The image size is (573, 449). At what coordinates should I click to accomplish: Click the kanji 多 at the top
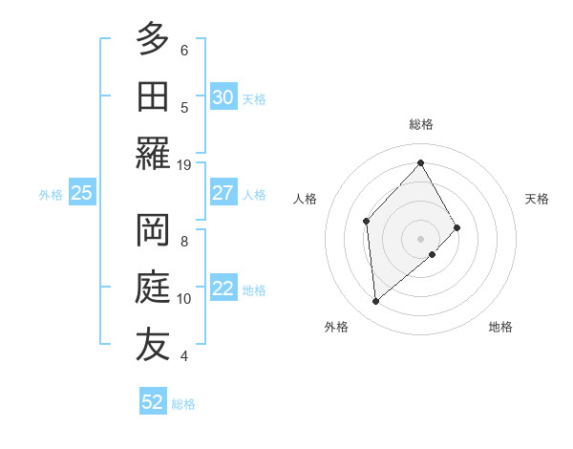(153, 40)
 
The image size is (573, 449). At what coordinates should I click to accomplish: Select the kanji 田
(153, 96)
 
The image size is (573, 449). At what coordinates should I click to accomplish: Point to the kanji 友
(153, 344)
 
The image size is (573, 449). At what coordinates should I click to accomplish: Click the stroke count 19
(184, 164)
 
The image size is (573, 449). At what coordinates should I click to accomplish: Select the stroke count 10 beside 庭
(184, 299)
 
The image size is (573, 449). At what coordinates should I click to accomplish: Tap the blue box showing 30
(223, 97)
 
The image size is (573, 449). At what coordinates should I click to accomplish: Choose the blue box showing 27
(223, 193)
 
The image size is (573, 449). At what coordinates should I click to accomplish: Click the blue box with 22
(223, 289)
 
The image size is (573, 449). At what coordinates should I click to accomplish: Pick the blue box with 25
(81, 193)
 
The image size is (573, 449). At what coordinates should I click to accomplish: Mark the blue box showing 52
(153, 402)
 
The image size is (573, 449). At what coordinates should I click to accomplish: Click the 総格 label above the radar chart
(420, 124)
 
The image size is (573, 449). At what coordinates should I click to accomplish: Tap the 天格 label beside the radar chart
(537, 199)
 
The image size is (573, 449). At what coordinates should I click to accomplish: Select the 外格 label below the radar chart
(335, 328)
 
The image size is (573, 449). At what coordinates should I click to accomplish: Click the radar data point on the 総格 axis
(420, 162)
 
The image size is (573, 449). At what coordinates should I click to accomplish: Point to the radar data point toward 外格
(376, 302)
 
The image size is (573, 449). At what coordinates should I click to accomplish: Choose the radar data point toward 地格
(433, 254)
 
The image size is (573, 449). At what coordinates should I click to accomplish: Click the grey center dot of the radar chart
(420, 237)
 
